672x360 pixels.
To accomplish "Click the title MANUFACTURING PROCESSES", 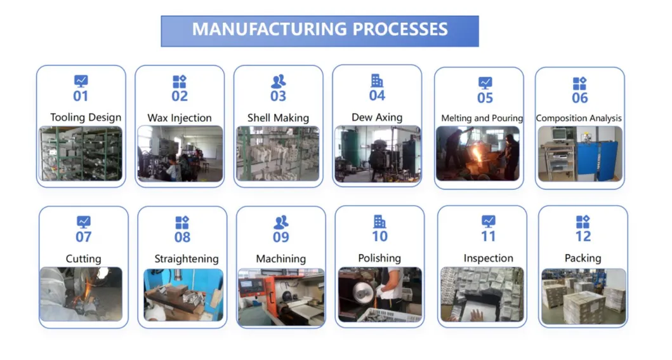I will (320, 29).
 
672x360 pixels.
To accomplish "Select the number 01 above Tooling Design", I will (81, 97).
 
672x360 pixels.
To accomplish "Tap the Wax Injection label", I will (180, 118).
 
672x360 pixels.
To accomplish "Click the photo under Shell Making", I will (278, 154).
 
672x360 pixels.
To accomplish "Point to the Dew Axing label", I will (377, 117).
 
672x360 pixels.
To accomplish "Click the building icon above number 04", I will (377, 81).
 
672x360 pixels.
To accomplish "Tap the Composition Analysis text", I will (579, 118).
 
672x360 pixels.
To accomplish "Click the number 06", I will (579, 98).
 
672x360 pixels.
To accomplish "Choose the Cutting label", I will (83, 259).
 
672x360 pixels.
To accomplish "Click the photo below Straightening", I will (183, 295).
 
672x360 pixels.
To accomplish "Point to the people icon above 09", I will (280, 222).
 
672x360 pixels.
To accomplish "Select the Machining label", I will (280, 259).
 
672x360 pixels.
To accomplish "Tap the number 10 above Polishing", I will (379, 237).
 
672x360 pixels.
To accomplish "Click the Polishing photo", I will (379, 295).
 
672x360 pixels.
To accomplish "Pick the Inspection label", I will (488, 258).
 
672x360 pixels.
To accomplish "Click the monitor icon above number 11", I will (488, 221).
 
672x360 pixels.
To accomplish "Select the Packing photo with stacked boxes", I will (583, 296).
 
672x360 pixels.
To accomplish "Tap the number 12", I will (583, 237).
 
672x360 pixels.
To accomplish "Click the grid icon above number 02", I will (180, 82).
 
